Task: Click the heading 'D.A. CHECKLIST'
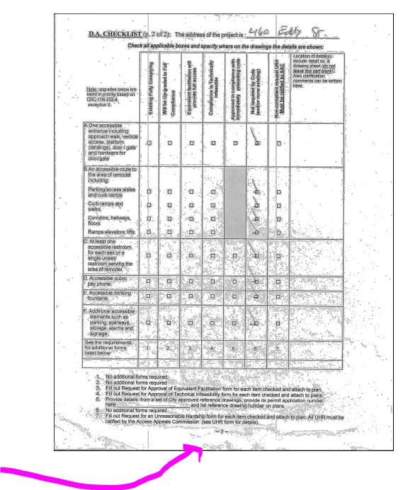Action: [x=113, y=34]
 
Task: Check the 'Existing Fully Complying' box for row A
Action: [x=149, y=143]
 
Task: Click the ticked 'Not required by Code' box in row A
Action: [x=257, y=143]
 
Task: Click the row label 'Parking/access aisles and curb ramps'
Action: [x=111, y=192]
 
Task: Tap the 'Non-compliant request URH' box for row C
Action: [x=278, y=257]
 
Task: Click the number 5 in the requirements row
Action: [x=234, y=347]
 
